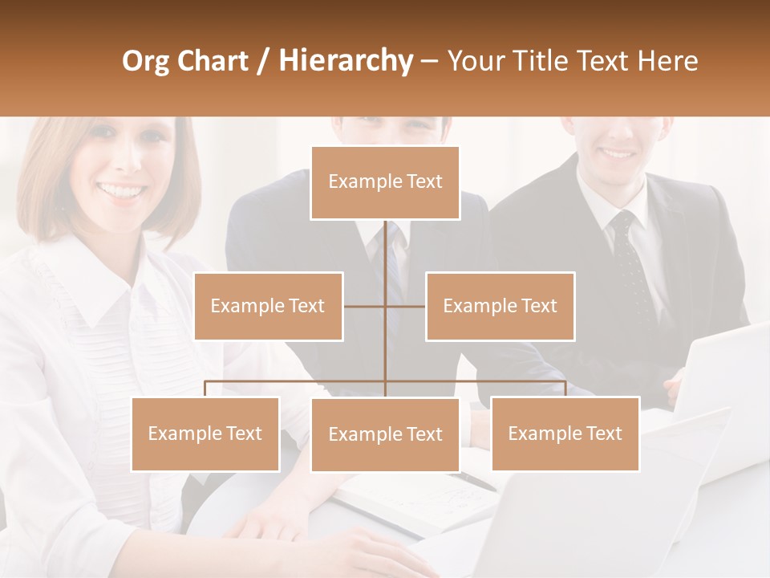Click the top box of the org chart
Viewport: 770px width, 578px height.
click(385, 182)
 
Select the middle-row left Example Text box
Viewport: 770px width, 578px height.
click(268, 306)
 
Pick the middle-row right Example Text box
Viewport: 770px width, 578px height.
click(500, 306)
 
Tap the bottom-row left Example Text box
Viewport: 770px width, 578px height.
click(205, 433)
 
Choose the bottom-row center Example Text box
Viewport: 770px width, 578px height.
click(385, 434)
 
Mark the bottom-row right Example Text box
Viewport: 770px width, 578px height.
click(565, 433)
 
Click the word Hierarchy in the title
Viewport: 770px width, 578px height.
click(345, 61)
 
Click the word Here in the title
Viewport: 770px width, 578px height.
click(667, 61)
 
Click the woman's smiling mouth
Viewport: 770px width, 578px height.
click(122, 191)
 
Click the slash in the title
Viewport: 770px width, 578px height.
click(264, 61)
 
